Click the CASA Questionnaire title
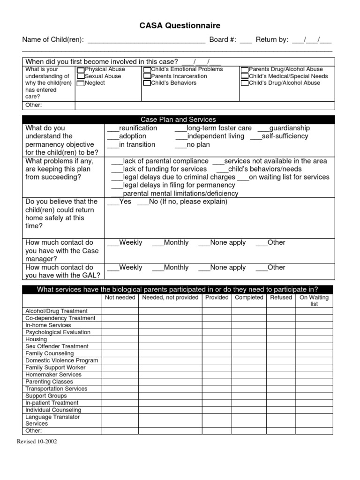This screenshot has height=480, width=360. [x=180, y=26]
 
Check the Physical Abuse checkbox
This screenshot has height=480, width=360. [x=81, y=70]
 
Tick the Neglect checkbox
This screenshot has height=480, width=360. [x=81, y=83]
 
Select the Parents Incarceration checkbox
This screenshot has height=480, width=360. [x=147, y=76]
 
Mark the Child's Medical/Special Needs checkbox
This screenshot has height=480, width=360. [x=245, y=76]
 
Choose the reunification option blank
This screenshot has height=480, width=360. [x=113, y=128]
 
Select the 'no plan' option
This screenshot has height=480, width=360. [x=181, y=145]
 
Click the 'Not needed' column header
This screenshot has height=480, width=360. [x=120, y=298]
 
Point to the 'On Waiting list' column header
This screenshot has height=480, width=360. [x=314, y=300]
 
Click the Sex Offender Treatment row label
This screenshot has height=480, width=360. [x=57, y=346]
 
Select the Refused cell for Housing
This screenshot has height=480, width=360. [x=281, y=339]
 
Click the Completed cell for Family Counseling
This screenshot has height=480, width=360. [x=249, y=353]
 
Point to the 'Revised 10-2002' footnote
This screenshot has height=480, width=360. [x=37, y=442]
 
